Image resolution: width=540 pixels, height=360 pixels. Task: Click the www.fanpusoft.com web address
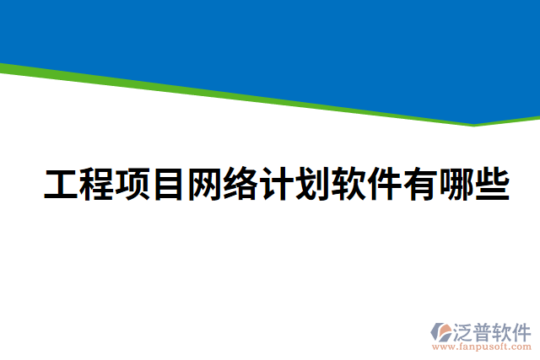pos(481,346)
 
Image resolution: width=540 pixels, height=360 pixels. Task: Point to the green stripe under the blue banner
pos(253,95)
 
